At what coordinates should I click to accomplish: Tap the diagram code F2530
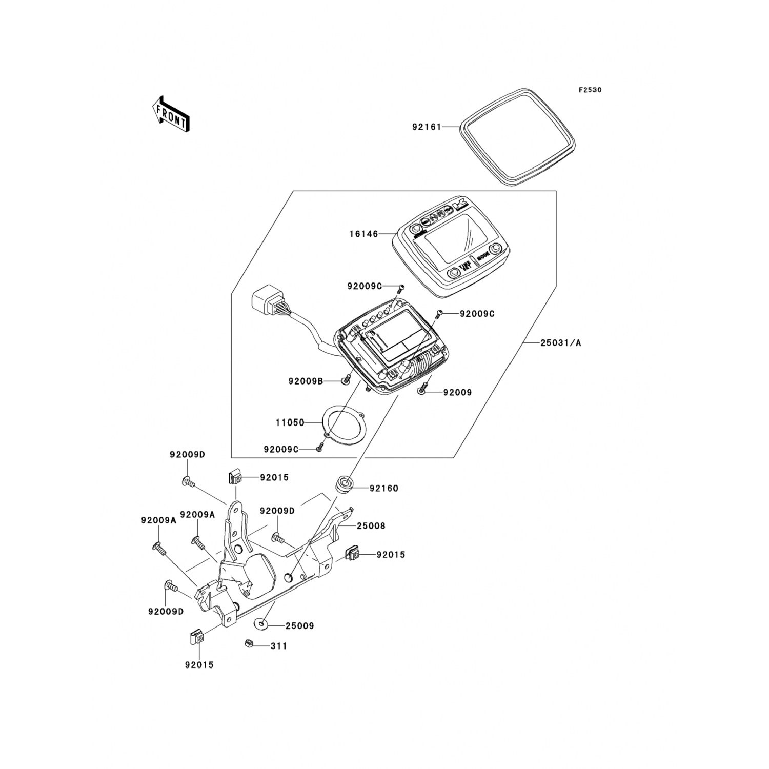(x=590, y=90)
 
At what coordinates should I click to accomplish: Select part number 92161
(x=427, y=127)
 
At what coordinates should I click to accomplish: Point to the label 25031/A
(x=561, y=343)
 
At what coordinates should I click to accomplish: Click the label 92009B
(x=305, y=381)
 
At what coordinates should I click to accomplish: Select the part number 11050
(x=290, y=423)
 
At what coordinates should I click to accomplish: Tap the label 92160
(x=383, y=488)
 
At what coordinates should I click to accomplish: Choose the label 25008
(x=371, y=526)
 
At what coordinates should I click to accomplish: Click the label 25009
(x=300, y=626)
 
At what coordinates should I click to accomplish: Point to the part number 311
(x=279, y=646)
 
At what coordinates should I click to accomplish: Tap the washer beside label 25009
(x=261, y=624)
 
